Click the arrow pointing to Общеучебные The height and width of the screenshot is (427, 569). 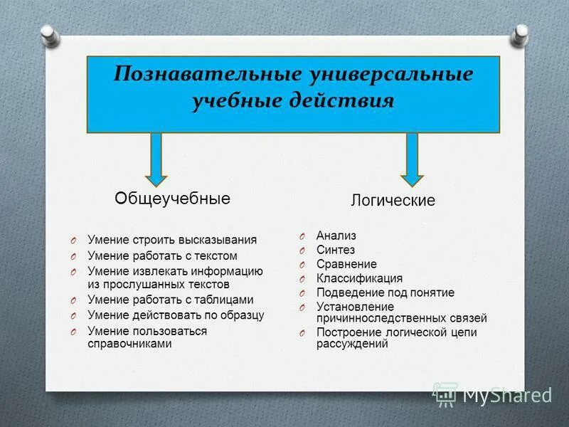[156, 161]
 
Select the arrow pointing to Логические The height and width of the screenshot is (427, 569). [411, 161]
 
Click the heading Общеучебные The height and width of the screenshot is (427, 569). [173, 199]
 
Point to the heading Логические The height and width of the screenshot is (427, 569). [393, 201]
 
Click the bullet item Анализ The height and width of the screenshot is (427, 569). [336, 236]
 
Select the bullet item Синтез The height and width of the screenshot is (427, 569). [336, 250]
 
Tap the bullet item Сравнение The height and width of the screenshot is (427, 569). [346, 264]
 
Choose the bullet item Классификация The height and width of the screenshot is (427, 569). [359, 278]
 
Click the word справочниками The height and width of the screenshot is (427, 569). [129, 343]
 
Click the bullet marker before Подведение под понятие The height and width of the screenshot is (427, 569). [302, 293]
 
